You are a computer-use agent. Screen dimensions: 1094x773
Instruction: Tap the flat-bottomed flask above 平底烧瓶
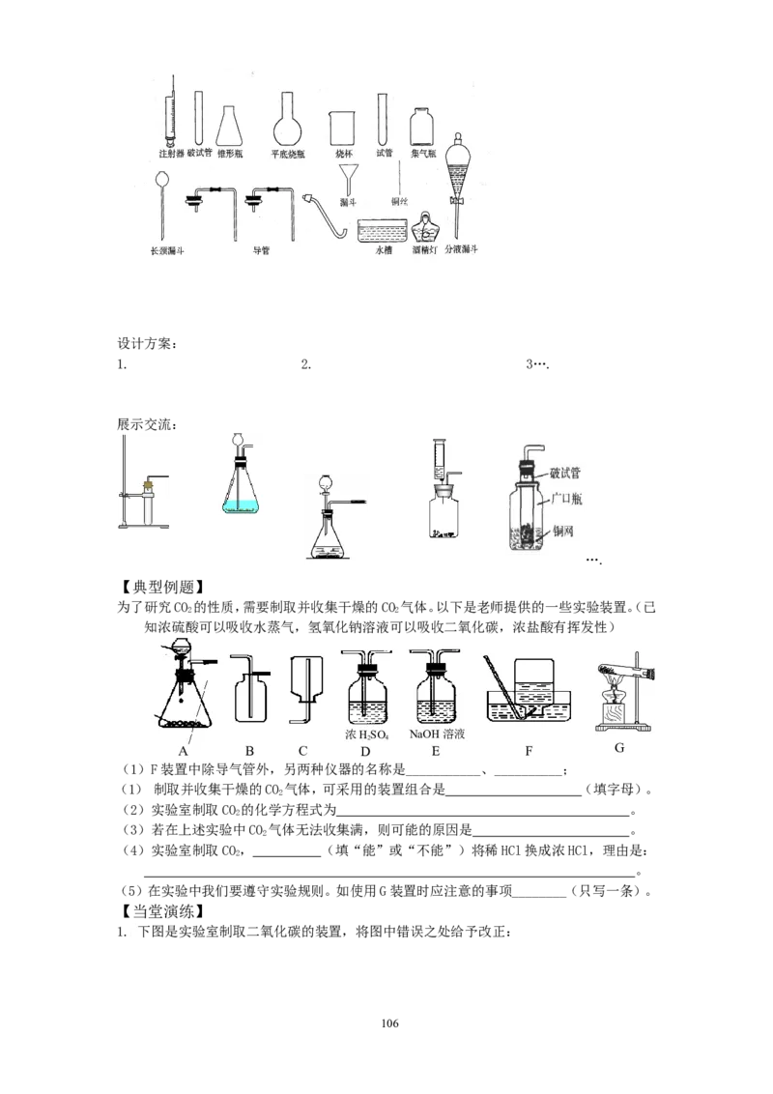(x=286, y=121)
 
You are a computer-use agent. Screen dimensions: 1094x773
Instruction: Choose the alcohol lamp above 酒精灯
(x=423, y=229)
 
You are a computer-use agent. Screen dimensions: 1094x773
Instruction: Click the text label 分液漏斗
(x=463, y=249)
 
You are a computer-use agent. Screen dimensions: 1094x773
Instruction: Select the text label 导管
(x=261, y=250)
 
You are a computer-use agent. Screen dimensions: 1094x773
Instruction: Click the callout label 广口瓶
(x=565, y=499)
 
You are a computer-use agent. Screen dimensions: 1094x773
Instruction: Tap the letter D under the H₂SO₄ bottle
(x=365, y=750)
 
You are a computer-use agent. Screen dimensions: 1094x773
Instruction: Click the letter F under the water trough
(x=529, y=750)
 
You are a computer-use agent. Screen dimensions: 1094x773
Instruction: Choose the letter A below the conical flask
(x=182, y=750)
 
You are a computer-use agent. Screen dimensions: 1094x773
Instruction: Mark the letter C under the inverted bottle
(x=302, y=750)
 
